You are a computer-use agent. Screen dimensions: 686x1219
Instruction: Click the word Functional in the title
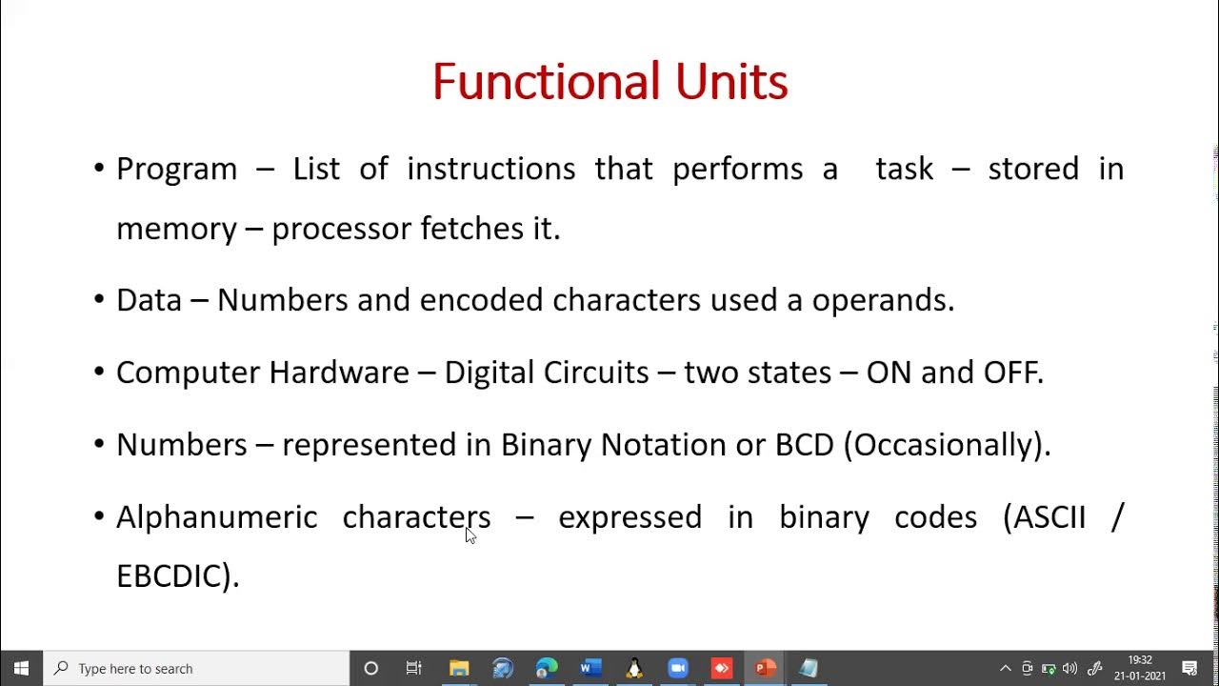[x=546, y=82]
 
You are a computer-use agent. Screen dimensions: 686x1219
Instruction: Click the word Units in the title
[x=731, y=82]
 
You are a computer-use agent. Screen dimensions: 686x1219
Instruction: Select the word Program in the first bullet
[x=176, y=169]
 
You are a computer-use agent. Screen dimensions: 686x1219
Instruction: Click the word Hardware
[x=338, y=372]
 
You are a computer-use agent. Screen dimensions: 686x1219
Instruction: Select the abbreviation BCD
[x=805, y=445]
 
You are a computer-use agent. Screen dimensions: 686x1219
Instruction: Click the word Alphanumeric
[x=216, y=517]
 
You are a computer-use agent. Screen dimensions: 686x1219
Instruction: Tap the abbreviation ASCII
[x=1049, y=517]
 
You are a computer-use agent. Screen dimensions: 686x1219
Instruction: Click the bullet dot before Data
[x=99, y=300]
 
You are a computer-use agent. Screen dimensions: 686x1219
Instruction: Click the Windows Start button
[x=21, y=668]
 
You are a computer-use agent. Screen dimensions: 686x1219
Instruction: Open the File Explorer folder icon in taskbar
[x=459, y=668]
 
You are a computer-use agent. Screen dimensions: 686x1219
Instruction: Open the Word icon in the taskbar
[x=590, y=668]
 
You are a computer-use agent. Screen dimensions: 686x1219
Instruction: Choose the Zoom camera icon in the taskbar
[x=677, y=668]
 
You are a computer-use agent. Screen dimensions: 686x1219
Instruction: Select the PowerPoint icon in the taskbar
[x=765, y=668]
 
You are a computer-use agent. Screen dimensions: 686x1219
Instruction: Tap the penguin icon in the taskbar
[x=634, y=668]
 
